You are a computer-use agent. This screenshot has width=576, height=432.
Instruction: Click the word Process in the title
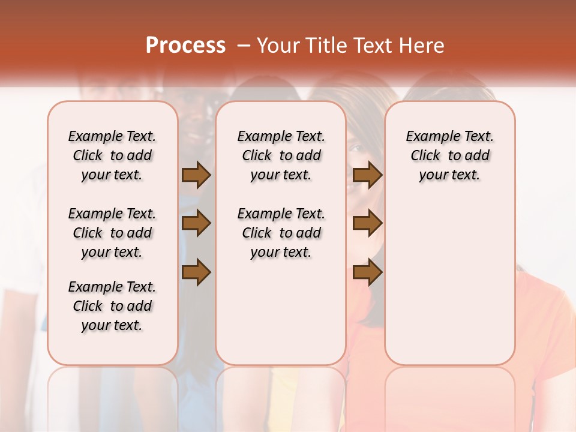(185, 45)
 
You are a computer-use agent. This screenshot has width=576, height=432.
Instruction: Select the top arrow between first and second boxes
(196, 175)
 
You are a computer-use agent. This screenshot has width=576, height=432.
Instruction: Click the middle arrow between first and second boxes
(196, 223)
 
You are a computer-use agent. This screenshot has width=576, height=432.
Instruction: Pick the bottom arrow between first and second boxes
(196, 272)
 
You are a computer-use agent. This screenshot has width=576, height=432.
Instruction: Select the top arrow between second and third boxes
(367, 175)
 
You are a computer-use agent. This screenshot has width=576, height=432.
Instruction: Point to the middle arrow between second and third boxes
(367, 223)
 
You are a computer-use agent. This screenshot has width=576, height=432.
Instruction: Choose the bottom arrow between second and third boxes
(367, 272)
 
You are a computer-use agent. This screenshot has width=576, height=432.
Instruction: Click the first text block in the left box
(112, 155)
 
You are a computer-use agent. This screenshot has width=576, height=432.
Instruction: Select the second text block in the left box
(112, 233)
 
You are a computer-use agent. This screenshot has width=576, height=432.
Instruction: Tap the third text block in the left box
(112, 306)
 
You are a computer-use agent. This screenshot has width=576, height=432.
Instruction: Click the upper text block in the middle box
(281, 155)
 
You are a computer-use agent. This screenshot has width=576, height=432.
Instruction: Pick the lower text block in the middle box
(281, 233)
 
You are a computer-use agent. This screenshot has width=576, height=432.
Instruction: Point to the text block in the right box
(449, 155)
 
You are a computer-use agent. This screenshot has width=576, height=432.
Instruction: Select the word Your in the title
(278, 45)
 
